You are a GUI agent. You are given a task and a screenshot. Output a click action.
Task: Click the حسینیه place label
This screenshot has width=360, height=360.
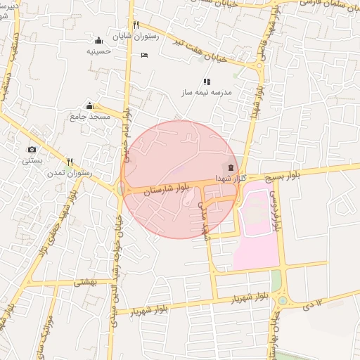click(x=99, y=51)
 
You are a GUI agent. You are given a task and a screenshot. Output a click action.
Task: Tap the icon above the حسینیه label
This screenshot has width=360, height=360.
click(x=99, y=40)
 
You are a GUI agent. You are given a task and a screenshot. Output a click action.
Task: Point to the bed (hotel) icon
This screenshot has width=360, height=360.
click(x=144, y=55)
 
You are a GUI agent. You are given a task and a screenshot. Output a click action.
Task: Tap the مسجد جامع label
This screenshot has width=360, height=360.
click(x=90, y=116)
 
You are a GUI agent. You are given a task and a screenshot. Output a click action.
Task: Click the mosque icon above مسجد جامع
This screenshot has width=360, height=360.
click(x=89, y=105)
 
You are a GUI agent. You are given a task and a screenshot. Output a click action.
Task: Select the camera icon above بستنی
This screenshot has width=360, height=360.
click(x=32, y=149)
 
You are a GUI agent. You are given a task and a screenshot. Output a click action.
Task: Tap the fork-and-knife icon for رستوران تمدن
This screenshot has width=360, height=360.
click(x=69, y=161)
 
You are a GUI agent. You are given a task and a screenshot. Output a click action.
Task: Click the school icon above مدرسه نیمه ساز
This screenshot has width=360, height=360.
click(x=207, y=82)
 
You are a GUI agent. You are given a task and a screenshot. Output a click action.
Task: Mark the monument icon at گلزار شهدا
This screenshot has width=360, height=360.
click(x=231, y=167)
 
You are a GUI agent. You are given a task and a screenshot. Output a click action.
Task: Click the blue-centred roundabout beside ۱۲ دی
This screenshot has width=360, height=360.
click(x=283, y=300)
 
